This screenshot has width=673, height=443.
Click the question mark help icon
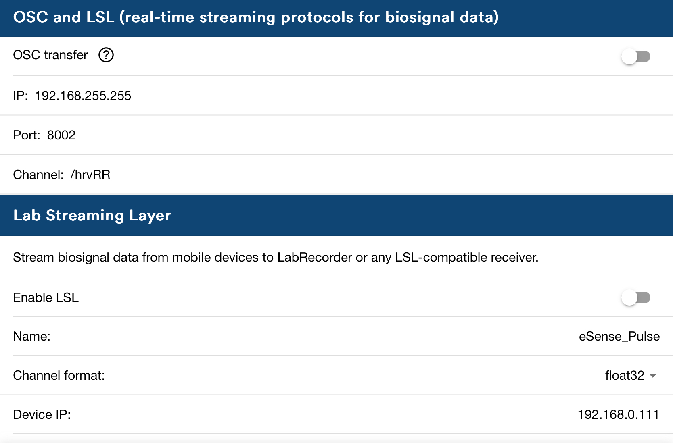106,55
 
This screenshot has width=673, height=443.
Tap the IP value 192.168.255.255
83,96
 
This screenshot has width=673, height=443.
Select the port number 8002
61,135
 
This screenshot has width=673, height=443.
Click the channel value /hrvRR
90,175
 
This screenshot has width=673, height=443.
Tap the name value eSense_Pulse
619,336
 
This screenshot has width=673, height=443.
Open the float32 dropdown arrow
653,375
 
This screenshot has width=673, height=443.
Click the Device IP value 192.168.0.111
618,414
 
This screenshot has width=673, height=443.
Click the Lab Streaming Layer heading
92,215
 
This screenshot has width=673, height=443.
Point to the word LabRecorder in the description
315,257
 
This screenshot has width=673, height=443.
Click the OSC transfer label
50,55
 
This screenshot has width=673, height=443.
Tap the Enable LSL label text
46,297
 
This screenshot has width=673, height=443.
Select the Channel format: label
59,375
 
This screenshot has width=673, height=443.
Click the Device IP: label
42,414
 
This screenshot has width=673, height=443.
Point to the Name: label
32,336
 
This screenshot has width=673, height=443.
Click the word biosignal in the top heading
420,17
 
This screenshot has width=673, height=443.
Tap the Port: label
27,135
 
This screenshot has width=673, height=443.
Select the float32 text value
625,375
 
